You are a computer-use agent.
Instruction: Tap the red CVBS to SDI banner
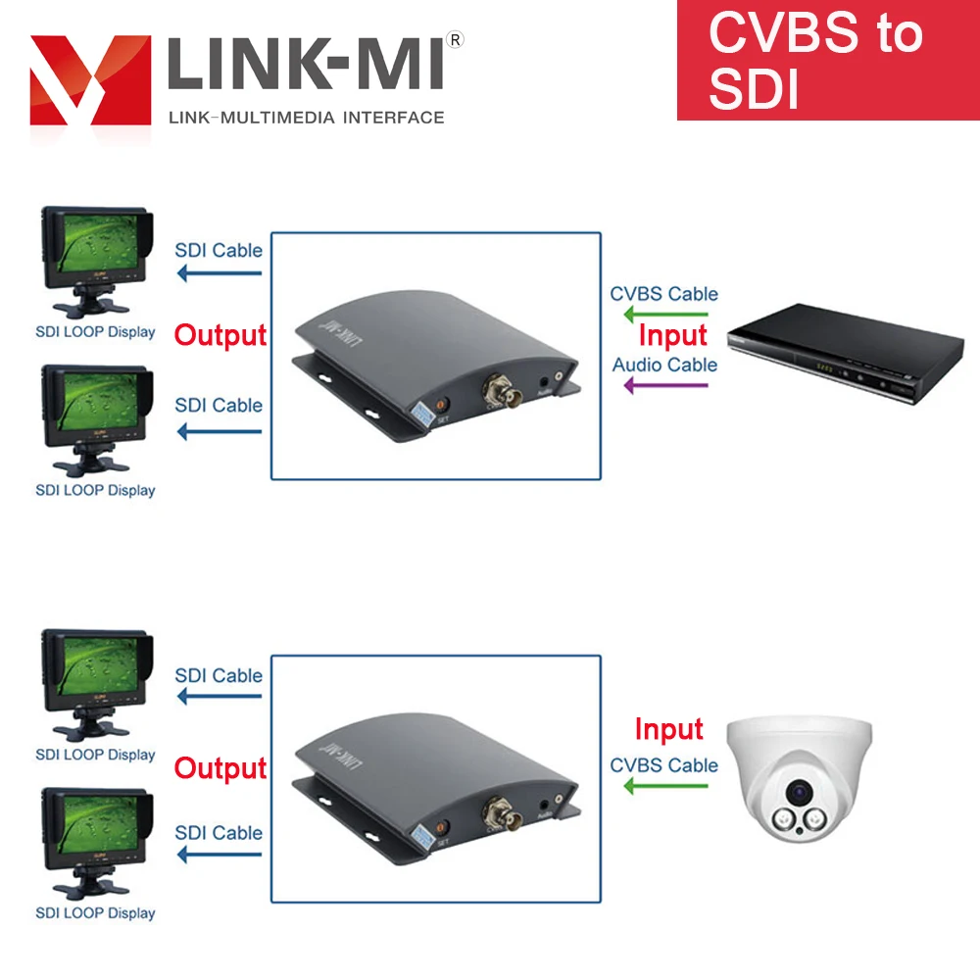(827, 60)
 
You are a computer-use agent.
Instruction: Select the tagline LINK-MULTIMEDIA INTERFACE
(307, 118)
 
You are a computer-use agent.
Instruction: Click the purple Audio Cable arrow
(666, 385)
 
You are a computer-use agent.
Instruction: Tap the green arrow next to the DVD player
(666, 315)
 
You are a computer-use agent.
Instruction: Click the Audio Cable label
(664, 365)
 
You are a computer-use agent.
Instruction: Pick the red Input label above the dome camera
(668, 729)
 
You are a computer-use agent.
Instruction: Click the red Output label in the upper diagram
(220, 335)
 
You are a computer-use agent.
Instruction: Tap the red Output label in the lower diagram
(220, 768)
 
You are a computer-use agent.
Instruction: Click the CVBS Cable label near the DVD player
(664, 294)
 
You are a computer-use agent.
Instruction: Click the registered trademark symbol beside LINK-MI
(455, 39)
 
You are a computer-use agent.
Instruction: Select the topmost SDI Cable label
(219, 250)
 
